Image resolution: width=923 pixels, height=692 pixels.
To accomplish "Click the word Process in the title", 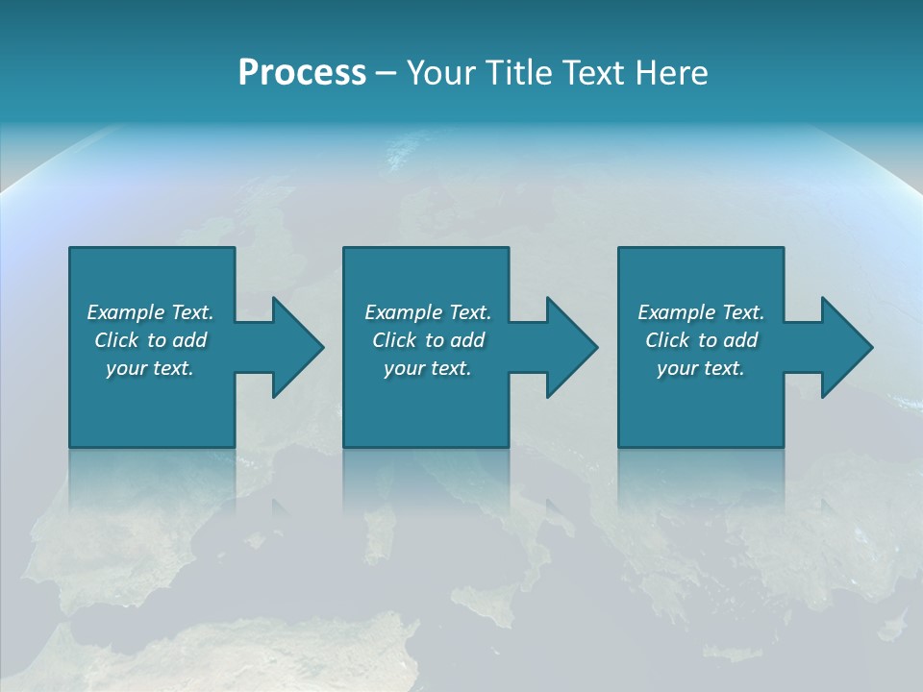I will point(302,73).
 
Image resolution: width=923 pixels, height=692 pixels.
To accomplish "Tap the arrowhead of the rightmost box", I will point(845,347).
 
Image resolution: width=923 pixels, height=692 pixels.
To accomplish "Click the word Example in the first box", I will point(126,312).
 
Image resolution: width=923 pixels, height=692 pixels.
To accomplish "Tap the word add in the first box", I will point(190,340).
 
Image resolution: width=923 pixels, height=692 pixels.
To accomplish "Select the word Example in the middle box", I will point(404,312).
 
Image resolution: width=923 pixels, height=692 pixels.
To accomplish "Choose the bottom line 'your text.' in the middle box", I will point(427,368).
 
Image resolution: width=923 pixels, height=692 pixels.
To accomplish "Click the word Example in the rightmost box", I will point(677,312).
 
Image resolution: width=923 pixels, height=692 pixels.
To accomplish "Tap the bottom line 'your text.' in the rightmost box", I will point(700,368).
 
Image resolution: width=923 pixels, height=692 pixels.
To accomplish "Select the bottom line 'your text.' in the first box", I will point(149,368).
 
